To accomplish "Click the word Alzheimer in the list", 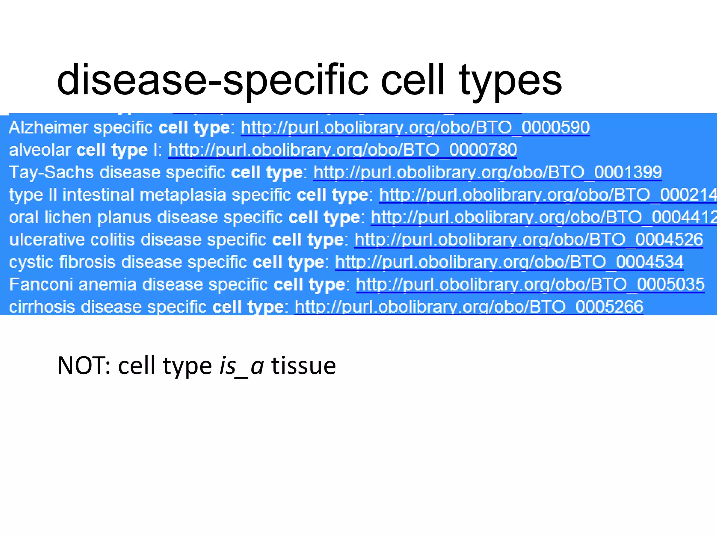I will click(x=48, y=128).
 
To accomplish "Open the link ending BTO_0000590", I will click(x=415, y=128).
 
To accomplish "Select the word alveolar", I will click(x=40, y=150).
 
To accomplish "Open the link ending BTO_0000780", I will click(x=342, y=150).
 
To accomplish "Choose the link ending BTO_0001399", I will click(x=487, y=172).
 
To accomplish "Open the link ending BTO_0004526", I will click(x=529, y=239).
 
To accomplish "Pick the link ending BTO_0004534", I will click(x=509, y=262).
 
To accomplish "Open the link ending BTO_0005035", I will click(x=530, y=284).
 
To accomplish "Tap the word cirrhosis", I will click(x=42, y=307).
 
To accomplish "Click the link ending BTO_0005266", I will click(x=469, y=307).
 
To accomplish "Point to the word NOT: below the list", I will click(x=84, y=366).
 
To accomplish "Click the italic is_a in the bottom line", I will click(x=241, y=366).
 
